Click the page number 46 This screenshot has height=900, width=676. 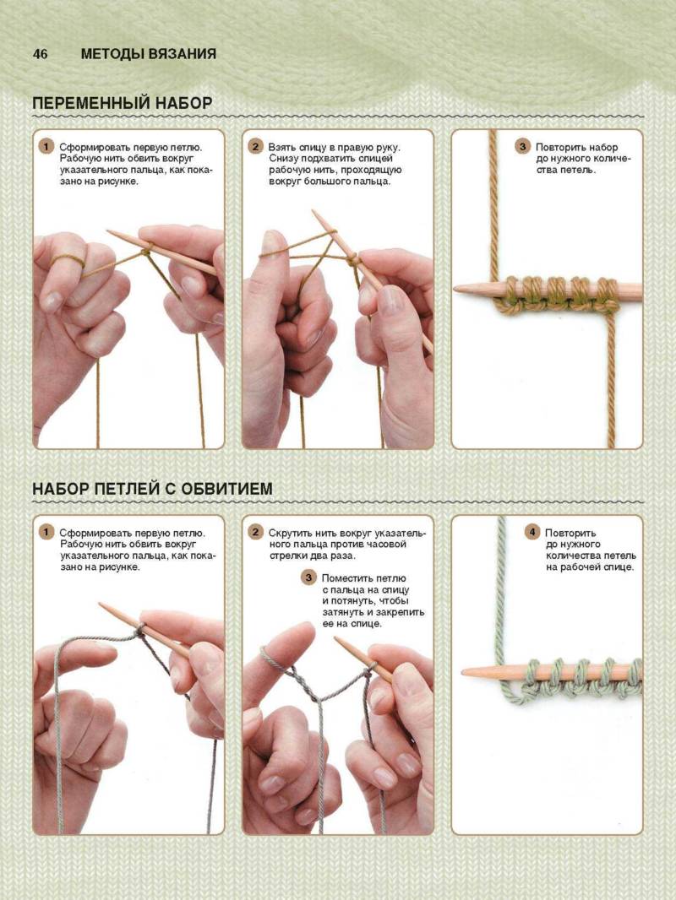(41, 54)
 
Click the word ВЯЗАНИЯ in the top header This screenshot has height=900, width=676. (182, 54)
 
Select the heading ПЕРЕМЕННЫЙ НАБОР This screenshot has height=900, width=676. (123, 103)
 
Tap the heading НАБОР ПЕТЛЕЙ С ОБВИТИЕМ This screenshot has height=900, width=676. (152, 489)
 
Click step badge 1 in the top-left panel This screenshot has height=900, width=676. (46, 146)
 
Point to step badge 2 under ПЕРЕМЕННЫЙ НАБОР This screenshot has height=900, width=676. (255, 146)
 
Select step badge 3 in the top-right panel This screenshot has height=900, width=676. (522, 146)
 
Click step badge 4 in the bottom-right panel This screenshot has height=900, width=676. (532, 532)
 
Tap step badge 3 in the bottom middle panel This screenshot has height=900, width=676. (308, 577)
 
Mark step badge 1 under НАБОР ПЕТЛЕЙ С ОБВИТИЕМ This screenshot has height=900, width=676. (46, 532)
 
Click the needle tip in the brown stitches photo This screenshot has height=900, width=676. (455, 290)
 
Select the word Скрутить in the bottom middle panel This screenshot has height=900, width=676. (290, 534)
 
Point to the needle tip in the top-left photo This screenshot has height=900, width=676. (109, 232)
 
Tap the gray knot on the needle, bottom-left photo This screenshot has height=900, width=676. (139, 632)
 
